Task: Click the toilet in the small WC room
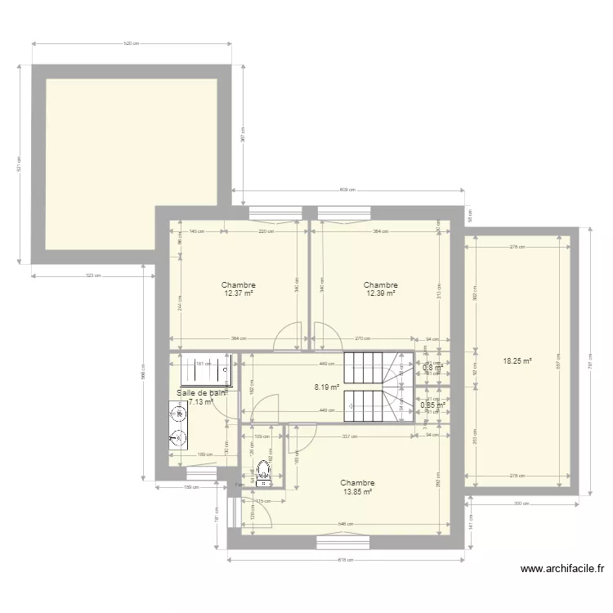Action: coord(263,471)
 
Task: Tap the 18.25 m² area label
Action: coord(517,360)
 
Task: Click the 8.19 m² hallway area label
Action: coord(327,388)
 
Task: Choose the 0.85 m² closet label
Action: coord(432,405)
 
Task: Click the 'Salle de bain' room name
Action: coord(200,392)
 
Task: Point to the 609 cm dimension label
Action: coord(347,190)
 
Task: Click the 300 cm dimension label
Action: coord(521,503)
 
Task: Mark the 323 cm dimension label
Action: coord(92,275)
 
